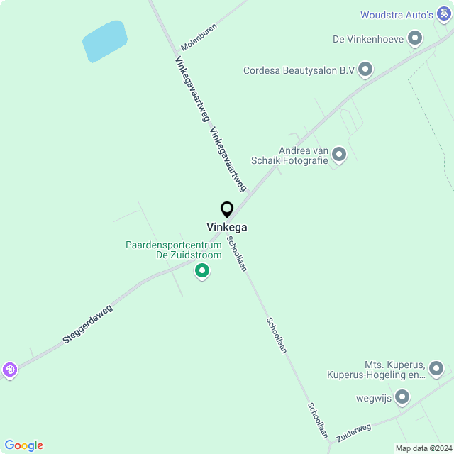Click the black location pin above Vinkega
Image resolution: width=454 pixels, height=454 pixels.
pos(227,210)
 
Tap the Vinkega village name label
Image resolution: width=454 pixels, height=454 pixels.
pos(227,227)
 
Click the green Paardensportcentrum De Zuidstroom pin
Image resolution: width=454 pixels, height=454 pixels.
pos(202,270)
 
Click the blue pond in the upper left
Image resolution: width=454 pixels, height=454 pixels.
pos(105,40)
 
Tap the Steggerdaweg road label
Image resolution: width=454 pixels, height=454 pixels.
pos(88,325)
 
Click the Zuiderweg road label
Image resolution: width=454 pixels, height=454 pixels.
pos(354,433)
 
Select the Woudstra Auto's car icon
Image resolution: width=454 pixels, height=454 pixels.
pos(444,14)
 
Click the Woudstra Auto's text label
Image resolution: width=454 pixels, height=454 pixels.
pos(396,15)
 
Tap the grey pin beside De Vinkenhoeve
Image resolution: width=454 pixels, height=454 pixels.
pos(416,38)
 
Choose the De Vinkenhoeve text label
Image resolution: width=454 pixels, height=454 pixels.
pos(367,39)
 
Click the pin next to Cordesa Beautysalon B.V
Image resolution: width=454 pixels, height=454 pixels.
pos(365,70)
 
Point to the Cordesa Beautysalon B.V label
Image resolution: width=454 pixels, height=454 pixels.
pos(299,70)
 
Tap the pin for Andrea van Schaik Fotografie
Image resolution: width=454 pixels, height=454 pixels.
pos(339,154)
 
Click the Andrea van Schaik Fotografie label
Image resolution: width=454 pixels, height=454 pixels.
pos(304,155)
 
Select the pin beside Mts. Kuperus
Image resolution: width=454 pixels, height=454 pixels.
pos(436,368)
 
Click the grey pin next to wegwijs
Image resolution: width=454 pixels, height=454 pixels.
pos(402,397)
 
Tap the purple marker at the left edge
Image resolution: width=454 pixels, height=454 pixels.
pos(9,369)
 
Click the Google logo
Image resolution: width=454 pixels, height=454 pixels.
pos(23,445)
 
